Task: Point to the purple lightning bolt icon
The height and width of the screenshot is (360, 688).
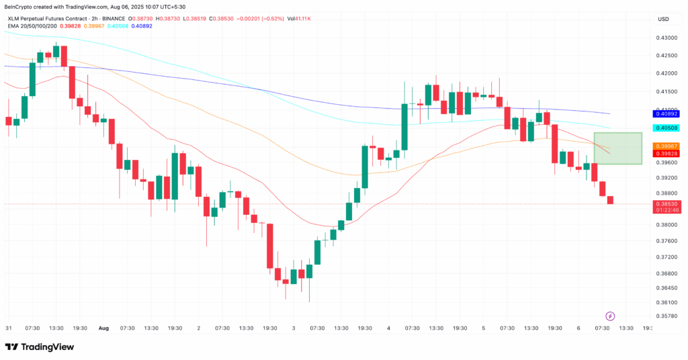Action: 611,316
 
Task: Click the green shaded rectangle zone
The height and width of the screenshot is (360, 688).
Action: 618,148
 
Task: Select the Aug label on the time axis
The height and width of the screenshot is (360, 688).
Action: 103,328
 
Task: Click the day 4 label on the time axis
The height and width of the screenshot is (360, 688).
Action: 389,328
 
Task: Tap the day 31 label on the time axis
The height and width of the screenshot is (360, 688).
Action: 8,328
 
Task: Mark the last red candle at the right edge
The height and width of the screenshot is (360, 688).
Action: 610,200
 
